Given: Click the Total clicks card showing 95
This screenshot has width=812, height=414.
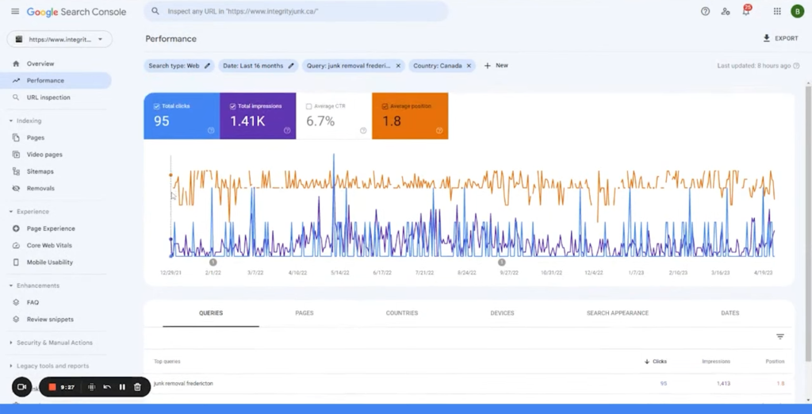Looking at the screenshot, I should [x=182, y=116].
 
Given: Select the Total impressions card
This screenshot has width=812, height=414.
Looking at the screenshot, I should [x=258, y=116].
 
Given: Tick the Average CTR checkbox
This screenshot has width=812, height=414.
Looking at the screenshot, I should [x=308, y=106].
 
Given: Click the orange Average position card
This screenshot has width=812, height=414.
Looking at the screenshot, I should [x=410, y=116].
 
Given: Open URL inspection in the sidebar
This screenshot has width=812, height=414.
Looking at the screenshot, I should [x=48, y=98].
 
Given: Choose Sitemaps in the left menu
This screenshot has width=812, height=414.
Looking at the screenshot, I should [x=40, y=171].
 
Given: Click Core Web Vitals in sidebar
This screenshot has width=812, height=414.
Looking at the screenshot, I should [x=49, y=245].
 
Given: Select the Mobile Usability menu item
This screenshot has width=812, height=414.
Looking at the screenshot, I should [x=49, y=263].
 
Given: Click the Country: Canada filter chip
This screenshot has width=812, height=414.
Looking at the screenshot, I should [x=437, y=66].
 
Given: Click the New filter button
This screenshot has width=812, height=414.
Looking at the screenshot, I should [x=496, y=66].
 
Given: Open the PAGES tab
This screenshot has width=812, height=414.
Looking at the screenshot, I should [x=304, y=313].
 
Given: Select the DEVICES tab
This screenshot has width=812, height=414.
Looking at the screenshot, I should [x=502, y=313].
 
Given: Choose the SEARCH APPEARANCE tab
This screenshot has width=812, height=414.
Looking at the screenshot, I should [x=618, y=313].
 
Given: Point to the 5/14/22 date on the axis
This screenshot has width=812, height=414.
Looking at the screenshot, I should [x=340, y=272].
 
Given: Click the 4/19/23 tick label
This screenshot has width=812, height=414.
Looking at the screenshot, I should [x=763, y=272].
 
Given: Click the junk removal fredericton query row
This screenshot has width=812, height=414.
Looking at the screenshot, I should [x=183, y=384].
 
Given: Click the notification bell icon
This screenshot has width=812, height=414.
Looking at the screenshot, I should [x=745, y=12].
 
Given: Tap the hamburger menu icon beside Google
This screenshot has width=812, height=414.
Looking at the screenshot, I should [x=15, y=12].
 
